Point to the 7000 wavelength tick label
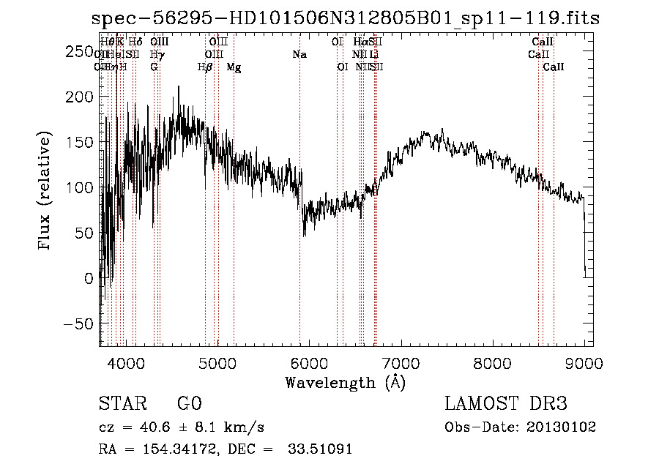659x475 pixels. (x=401, y=363)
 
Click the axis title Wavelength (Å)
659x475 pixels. (x=345, y=382)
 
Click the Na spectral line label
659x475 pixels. (x=299, y=55)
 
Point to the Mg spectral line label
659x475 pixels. (x=234, y=67)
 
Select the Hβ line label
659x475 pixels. (x=205, y=67)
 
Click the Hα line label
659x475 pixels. (x=360, y=42)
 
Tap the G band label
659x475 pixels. (x=154, y=67)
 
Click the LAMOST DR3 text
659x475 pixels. (x=506, y=404)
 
